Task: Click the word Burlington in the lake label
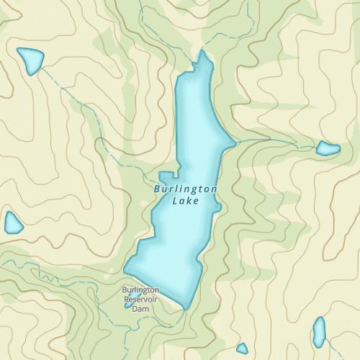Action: [186, 189]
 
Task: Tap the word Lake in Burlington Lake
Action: [186, 201]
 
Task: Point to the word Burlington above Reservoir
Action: [140, 291]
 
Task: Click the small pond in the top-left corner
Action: [30, 60]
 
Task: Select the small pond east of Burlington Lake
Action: [328, 149]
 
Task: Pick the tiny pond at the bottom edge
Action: [242, 348]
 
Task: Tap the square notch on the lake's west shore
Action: [167, 176]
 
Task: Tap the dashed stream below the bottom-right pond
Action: [321, 353]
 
